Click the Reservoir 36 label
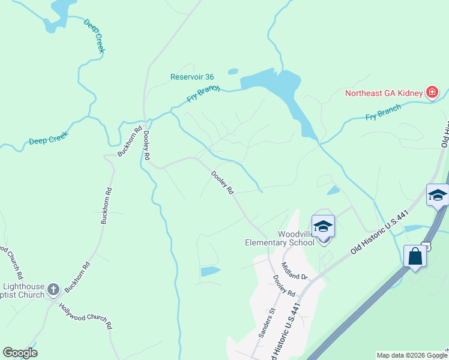(x=192, y=77)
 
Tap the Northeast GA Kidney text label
(x=384, y=93)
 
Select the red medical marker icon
(x=431, y=92)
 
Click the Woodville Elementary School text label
(x=279, y=238)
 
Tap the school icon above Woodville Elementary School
(x=323, y=226)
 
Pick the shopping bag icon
(x=415, y=256)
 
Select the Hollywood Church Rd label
(x=86, y=316)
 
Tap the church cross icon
(x=53, y=289)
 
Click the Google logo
(x=20, y=353)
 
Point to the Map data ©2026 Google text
(x=412, y=355)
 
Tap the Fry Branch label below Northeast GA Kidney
(x=383, y=112)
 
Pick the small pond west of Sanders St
(x=210, y=271)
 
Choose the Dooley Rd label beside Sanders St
(x=283, y=285)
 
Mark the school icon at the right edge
(x=438, y=196)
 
